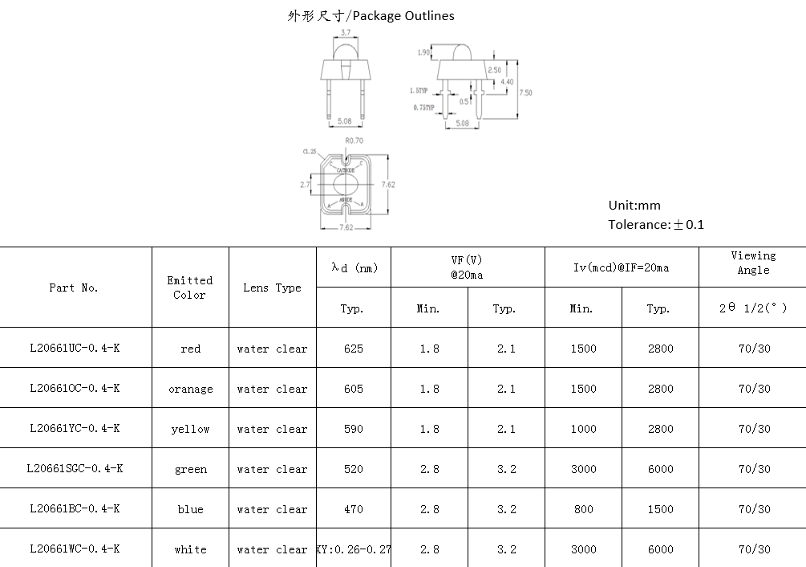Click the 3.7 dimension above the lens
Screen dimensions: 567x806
[x=346, y=33]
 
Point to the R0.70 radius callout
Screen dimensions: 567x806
[x=354, y=141]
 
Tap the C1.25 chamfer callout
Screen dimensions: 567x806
[x=309, y=152]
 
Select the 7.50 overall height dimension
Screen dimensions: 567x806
[x=526, y=93]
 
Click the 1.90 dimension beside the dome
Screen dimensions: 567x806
[x=423, y=53]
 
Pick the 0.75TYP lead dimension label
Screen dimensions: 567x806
[x=423, y=108]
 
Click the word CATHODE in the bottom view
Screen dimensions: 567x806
[x=346, y=170]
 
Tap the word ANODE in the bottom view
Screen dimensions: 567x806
[x=346, y=199]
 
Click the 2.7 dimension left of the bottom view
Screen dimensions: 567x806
[x=305, y=185]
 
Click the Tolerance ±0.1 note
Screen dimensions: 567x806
[x=656, y=225]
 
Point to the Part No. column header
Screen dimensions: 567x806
[x=74, y=288]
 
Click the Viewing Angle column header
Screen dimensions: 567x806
[x=753, y=263]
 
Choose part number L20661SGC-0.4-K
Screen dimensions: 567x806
[x=75, y=468]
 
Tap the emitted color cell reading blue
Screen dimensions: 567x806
[x=190, y=509]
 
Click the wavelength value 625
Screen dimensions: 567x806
[x=353, y=349]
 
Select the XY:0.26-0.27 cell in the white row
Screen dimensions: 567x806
[x=354, y=549]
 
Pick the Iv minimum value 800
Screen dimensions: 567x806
[x=583, y=509]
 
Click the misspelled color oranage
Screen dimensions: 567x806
[x=190, y=389]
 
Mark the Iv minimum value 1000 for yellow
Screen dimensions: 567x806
[x=583, y=429]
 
